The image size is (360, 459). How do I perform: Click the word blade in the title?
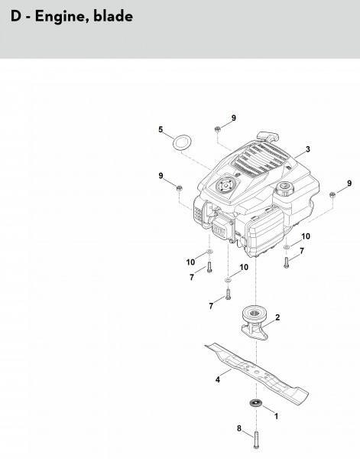point(113,16)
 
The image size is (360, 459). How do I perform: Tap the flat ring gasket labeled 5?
point(182,142)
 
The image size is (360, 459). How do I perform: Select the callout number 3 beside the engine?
point(308,149)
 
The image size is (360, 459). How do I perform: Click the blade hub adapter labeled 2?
point(255,323)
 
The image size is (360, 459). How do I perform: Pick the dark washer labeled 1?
point(256,403)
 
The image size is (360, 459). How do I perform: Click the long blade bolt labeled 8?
point(257,440)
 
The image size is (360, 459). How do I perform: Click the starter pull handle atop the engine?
point(268,136)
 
